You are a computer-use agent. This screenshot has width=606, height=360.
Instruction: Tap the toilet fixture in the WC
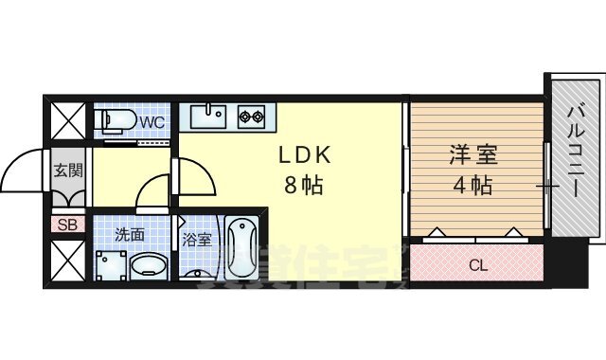tap(116, 121)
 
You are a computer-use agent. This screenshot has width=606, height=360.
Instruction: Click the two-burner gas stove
tap(251, 117)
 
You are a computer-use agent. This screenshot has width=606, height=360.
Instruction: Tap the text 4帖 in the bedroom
tap(471, 185)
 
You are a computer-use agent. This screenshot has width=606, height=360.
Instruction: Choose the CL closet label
tap(478, 265)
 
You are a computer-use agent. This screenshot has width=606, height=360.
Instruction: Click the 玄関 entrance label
tap(66, 171)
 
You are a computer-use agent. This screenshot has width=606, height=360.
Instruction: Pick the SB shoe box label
tap(66, 225)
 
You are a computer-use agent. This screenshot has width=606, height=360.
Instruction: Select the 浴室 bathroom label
tap(196, 240)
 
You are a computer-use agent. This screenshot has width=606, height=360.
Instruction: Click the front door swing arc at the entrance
tap(21, 171)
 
